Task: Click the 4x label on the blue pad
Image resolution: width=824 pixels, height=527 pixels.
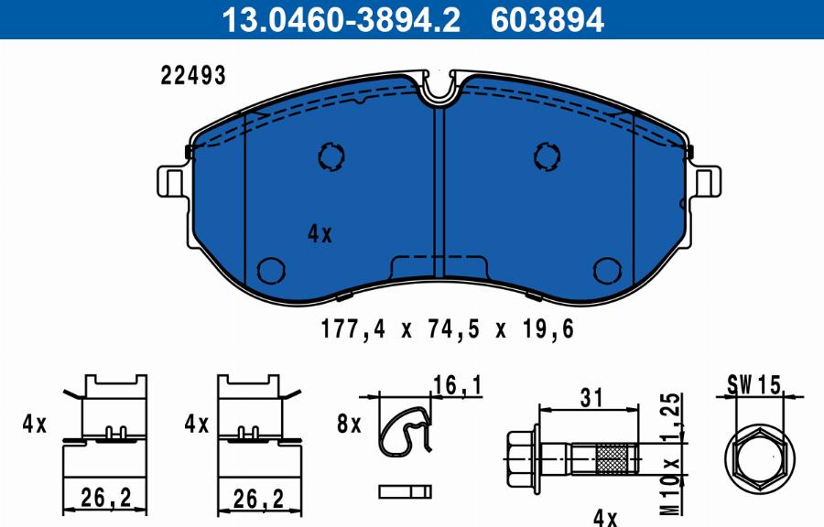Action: [320, 234]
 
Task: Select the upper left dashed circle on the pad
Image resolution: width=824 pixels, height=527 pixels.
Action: [331, 156]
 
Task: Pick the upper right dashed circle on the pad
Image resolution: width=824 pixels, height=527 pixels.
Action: [548, 156]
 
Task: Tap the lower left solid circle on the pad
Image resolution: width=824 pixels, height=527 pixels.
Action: [271, 270]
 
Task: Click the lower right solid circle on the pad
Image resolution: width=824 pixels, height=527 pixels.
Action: [607, 270]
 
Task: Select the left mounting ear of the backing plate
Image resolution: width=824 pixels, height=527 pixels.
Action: [171, 181]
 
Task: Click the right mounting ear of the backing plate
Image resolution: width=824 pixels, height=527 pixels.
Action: [706, 181]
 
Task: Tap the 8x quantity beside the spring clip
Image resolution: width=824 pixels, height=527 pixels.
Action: [350, 425]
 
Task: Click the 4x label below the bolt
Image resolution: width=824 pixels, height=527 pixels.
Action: [605, 517]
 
